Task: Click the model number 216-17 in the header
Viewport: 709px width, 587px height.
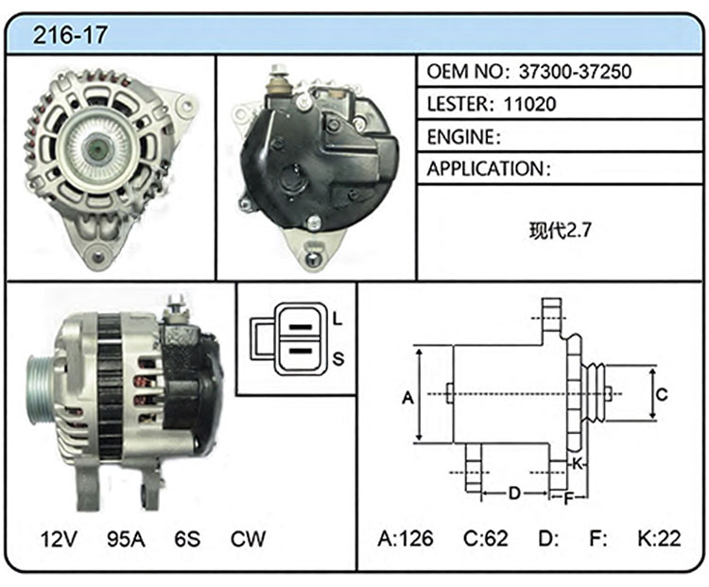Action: point(70,35)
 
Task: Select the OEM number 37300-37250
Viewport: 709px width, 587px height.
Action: point(575,72)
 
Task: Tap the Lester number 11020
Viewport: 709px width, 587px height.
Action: point(529,104)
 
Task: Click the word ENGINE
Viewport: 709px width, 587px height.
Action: point(461,136)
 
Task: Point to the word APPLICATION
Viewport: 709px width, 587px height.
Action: point(486,168)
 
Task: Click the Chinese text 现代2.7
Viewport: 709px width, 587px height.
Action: point(560,231)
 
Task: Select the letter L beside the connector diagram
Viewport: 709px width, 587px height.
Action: point(337,319)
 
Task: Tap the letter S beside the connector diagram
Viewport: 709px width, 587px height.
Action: point(338,359)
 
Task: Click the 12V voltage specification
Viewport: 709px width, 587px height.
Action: point(59,539)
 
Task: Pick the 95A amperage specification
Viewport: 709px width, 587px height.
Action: point(126,539)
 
